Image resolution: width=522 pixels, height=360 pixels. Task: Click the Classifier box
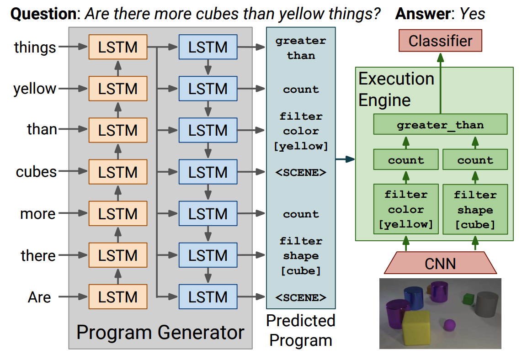pyautogui.click(x=440, y=41)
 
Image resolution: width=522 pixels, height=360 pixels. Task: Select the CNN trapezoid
pyautogui.click(x=440, y=263)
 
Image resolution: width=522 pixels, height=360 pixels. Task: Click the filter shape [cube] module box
pyautogui.click(x=475, y=209)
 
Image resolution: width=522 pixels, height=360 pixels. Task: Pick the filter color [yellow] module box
pyautogui.click(x=406, y=209)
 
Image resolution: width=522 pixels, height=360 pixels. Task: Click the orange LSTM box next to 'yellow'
pyautogui.click(x=118, y=89)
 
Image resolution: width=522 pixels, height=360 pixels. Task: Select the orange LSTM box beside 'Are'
pyautogui.click(x=118, y=297)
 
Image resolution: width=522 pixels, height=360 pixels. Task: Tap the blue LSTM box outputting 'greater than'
pyautogui.click(x=208, y=47)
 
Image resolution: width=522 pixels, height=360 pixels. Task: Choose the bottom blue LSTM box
pyautogui.click(x=208, y=297)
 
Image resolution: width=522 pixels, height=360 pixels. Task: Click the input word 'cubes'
pyautogui.click(x=36, y=172)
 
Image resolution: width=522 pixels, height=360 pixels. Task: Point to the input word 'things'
pyautogui.click(x=35, y=47)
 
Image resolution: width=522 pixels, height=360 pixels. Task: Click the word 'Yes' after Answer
pyautogui.click(x=472, y=14)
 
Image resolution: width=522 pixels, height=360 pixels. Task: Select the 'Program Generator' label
pyautogui.click(x=160, y=332)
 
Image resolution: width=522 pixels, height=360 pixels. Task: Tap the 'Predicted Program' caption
pyautogui.click(x=301, y=330)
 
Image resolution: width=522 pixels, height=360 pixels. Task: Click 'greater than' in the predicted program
pyautogui.click(x=301, y=48)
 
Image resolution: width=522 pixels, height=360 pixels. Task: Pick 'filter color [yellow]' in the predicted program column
pyautogui.click(x=301, y=131)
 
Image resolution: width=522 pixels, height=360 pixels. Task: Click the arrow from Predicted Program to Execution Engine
pyautogui.click(x=345, y=159)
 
